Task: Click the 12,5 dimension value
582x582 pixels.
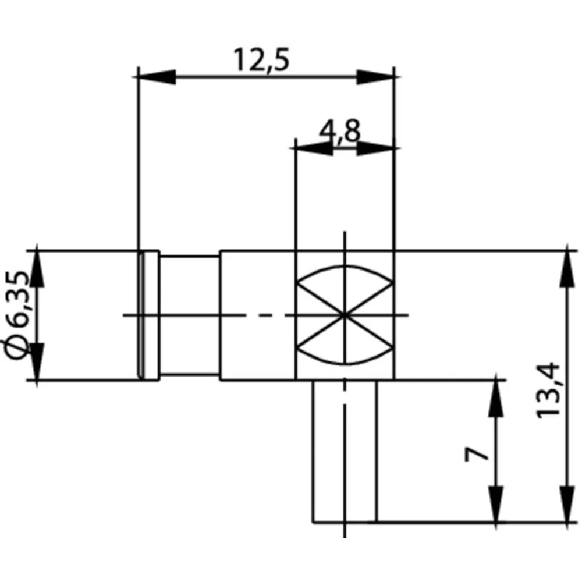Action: (261, 60)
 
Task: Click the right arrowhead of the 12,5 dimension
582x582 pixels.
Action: (375, 77)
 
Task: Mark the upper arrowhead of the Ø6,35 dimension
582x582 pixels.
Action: (37, 268)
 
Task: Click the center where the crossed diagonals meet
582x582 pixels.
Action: (345, 315)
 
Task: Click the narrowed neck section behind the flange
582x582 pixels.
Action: (189, 315)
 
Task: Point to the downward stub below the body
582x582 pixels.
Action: (345, 451)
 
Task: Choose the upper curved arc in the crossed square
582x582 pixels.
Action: (345, 267)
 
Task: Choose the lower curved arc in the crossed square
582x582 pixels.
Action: (345, 362)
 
